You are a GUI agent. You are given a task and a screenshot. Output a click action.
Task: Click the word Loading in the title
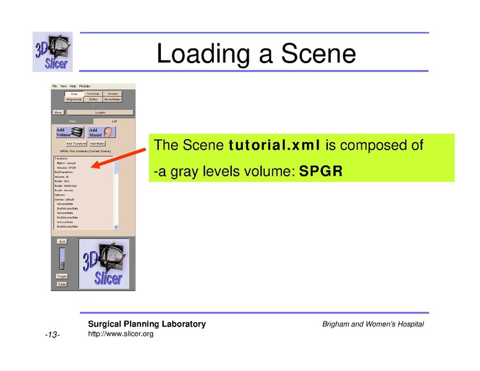pos(204,54)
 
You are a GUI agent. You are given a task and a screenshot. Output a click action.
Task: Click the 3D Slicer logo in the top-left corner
pos(53,51)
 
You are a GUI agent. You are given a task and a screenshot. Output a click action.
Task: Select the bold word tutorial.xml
pos(273,146)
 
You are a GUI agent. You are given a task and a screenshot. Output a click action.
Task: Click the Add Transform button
pos(75,143)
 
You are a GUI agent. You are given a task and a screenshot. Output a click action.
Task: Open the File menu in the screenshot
pos(54,86)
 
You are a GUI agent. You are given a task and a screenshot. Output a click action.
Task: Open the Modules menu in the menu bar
pos(85,86)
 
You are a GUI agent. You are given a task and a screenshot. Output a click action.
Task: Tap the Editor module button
pos(93,99)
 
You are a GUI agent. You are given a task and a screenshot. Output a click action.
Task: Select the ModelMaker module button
pos(113,99)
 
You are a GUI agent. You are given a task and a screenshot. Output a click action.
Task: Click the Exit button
pos(62,241)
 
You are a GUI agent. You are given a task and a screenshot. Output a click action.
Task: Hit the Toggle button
pos(62,276)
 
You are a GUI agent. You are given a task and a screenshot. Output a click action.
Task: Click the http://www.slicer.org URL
pos(121,334)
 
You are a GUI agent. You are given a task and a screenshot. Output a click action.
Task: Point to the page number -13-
pos(52,335)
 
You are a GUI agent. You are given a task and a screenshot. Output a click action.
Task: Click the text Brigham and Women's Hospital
pos(373,325)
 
